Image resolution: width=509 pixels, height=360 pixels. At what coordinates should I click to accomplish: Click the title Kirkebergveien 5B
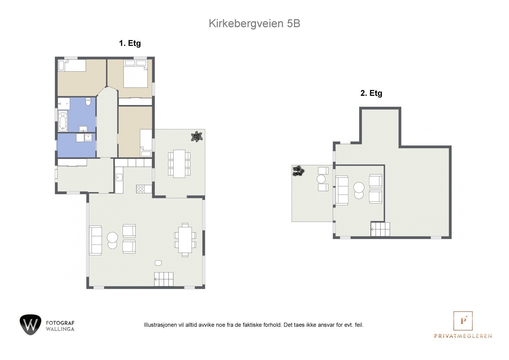click(254, 24)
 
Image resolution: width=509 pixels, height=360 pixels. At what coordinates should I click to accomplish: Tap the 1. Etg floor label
click(130, 43)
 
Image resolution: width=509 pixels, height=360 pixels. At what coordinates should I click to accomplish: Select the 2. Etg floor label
click(371, 93)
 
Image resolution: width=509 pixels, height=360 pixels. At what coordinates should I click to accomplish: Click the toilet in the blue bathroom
click(88, 102)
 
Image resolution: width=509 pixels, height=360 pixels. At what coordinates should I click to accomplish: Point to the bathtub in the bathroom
click(63, 121)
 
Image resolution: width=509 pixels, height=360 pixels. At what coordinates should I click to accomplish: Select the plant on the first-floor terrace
click(197, 137)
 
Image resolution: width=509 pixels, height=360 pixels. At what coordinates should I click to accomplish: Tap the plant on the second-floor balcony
click(298, 171)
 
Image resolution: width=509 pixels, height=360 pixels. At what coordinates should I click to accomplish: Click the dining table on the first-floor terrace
click(179, 164)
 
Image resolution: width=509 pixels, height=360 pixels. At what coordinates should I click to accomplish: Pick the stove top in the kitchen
click(140, 189)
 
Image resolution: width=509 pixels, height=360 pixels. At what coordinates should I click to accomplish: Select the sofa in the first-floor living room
click(95, 240)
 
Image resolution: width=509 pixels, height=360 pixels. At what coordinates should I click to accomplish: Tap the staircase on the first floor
click(164, 279)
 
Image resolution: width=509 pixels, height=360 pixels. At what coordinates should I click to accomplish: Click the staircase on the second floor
click(380, 229)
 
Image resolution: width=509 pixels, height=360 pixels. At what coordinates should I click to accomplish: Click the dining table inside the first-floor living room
click(185, 240)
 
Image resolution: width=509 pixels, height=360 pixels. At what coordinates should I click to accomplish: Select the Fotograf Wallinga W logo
click(31, 325)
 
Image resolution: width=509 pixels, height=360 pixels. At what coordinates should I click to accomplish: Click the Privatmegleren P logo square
click(463, 321)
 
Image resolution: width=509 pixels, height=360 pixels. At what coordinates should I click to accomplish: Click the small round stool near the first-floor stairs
click(158, 263)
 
